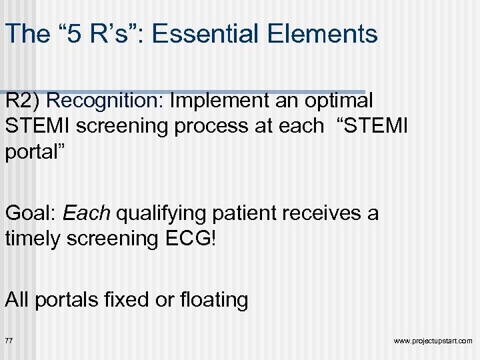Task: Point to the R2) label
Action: point(23,101)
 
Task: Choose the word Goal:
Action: point(31,213)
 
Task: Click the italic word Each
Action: point(87,213)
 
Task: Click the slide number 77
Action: point(9,341)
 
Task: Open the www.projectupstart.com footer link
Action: point(433,341)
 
